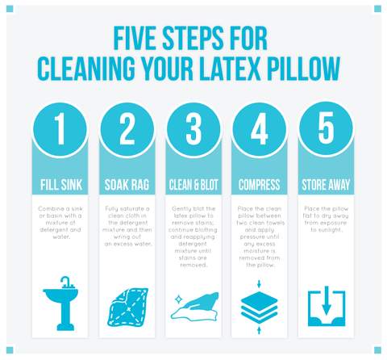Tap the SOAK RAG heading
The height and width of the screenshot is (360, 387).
tap(127, 185)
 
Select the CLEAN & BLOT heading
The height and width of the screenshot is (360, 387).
tap(193, 185)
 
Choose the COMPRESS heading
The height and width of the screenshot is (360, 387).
tap(260, 185)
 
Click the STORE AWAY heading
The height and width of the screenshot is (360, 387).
tap(326, 185)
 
